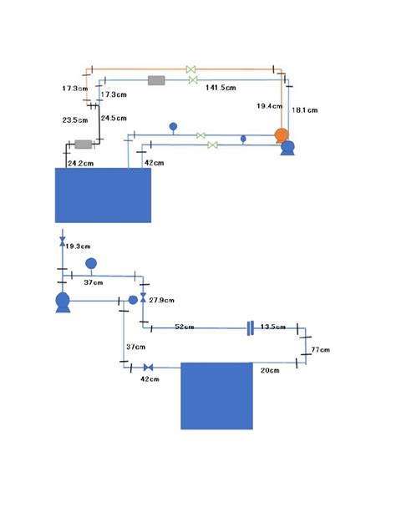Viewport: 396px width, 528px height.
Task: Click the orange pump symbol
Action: coord(282,135)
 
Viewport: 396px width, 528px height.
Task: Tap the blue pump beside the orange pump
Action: coord(287,148)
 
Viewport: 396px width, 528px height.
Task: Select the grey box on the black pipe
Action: coord(84,145)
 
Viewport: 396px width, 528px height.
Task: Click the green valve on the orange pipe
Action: coord(191,69)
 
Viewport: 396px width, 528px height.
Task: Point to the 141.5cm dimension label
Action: coord(221,88)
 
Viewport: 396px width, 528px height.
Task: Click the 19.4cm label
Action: coord(269,106)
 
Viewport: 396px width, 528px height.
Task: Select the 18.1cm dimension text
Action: coord(305,110)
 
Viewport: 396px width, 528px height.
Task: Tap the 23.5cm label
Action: coord(75,120)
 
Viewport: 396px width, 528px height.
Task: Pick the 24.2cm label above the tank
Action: coord(81,163)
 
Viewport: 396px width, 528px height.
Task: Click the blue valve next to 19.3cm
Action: coord(63,241)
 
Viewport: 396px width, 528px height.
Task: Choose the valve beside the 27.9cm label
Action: coord(143,297)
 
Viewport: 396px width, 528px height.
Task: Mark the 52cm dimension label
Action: coord(184,327)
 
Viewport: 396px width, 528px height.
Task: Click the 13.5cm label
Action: coord(273,327)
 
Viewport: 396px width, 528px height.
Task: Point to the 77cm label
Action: coord(321,350)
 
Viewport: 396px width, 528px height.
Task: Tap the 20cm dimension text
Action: coord(270,370)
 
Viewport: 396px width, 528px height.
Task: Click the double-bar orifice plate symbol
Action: coord(250,328)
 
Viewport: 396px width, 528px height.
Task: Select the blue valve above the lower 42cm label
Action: coord(148,368)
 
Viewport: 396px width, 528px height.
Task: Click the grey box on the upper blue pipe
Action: coord(156,80)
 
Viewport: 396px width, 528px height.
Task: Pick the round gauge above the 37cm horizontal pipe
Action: coord(91,263)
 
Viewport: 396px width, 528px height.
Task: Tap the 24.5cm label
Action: coord(114,118)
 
